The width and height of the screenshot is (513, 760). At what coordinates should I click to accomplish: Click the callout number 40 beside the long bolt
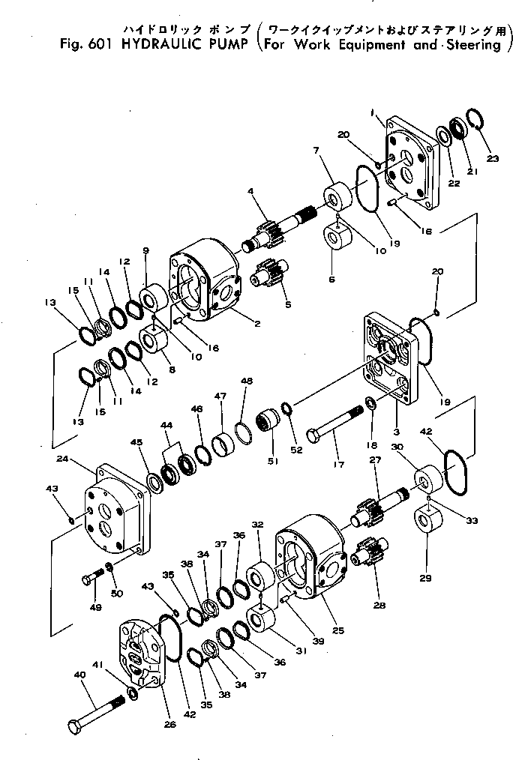coord(79,675)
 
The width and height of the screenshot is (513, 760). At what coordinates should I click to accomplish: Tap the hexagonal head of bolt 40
coord(75,726)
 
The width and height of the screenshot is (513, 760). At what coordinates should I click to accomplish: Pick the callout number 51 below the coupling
coord(271,461)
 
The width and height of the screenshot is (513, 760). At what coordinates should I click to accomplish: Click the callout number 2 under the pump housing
coord(256,324)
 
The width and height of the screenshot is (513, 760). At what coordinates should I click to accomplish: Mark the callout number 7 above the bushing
coord(317,151)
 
